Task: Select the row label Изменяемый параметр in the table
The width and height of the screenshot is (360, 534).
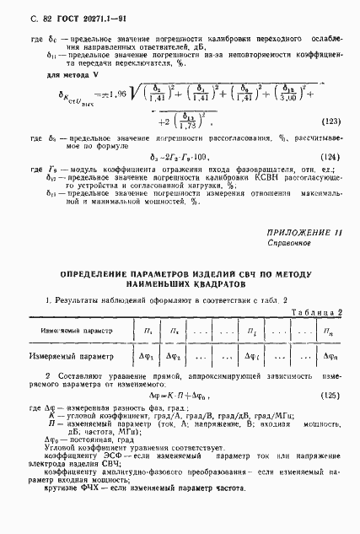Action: click(67, 329)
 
